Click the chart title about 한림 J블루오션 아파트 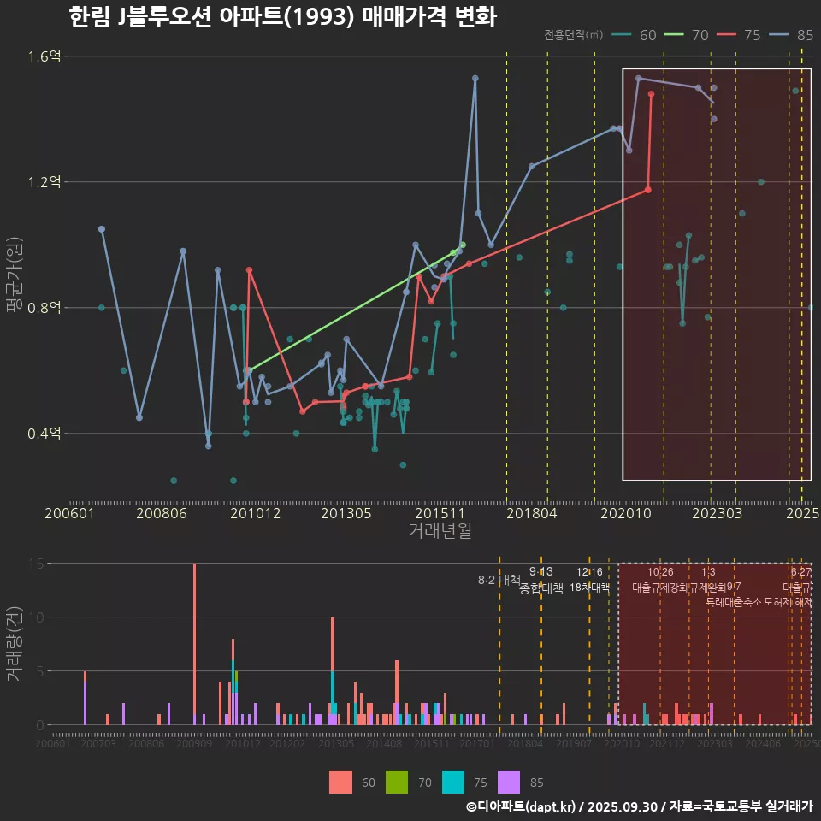click(282, 17)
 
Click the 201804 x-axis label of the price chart click(531, 513)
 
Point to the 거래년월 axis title click(440, 530)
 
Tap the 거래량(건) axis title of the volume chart click(14, 643)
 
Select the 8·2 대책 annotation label click(499, 580)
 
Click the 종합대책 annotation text click(541, 588)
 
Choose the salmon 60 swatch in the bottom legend click(340, 782)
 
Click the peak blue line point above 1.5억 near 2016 click(475, 79)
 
